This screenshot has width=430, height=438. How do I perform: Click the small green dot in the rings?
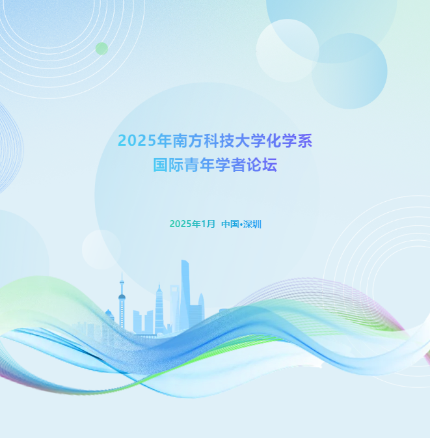(x=101, y=48)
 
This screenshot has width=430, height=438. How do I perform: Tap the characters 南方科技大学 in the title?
(x=213, y=141)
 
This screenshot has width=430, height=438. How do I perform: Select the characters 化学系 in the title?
(x=284, y=141)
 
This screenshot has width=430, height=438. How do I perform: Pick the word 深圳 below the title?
(x=252, y=224)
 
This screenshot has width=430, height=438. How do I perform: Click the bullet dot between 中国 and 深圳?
(x=241, y=225)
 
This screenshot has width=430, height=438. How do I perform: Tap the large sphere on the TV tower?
(x=122, y=297)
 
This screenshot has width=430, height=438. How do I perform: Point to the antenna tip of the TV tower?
(x=121, y=274)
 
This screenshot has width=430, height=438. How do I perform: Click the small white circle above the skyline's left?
(x=101, y=249)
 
